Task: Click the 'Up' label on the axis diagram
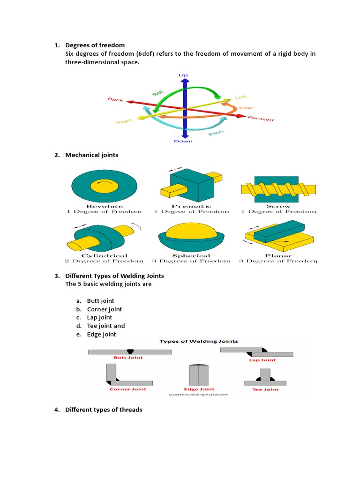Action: (x=183, y=75)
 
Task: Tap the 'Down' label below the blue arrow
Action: (x=183, y=141)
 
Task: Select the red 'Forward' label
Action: (x=261, y=118)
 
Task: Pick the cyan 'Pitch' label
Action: (x=216, y=133)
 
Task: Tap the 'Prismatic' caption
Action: (x=191, y=206)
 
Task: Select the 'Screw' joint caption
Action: (x=278, y=206)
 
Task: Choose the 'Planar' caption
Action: (x=278, y=255)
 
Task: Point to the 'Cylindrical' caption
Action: (x=105, y=255)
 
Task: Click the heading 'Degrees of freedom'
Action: (x=95, y=45)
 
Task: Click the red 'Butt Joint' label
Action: (x=128, y=357)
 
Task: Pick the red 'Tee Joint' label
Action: (x=265, y=389)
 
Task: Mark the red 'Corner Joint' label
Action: (x=128, y=389)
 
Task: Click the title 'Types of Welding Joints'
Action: (x=199, y=341)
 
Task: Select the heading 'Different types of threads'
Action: (x=104, y=410)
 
